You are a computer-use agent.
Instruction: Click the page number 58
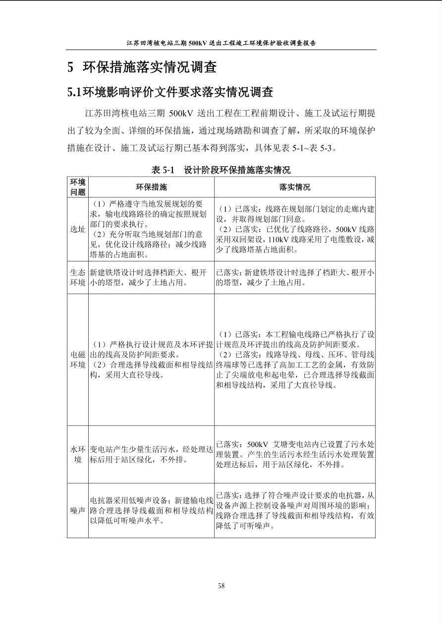click(221, 586)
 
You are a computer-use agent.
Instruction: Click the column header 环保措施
click(151, 187)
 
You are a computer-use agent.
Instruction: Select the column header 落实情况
click(295, 187)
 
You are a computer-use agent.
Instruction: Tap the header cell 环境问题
click(78, 187)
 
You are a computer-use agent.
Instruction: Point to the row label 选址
click(78, 230)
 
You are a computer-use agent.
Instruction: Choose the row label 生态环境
click(78, 278)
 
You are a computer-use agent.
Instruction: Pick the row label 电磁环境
click(78, 360)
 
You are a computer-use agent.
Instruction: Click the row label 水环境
click(78, 454)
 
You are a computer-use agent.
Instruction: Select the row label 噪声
click(78, 510)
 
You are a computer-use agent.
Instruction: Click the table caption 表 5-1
click(163, 170)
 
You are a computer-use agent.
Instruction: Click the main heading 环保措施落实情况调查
click(149, 67)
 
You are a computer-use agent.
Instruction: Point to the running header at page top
click(221, 43)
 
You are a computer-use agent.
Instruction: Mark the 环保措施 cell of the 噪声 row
click(151, 510)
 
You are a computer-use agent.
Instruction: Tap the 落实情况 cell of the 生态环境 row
click(295, 278)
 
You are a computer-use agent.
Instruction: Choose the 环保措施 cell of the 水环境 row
click(151, 454)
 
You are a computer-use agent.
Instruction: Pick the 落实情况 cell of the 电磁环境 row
click(295, 360)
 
